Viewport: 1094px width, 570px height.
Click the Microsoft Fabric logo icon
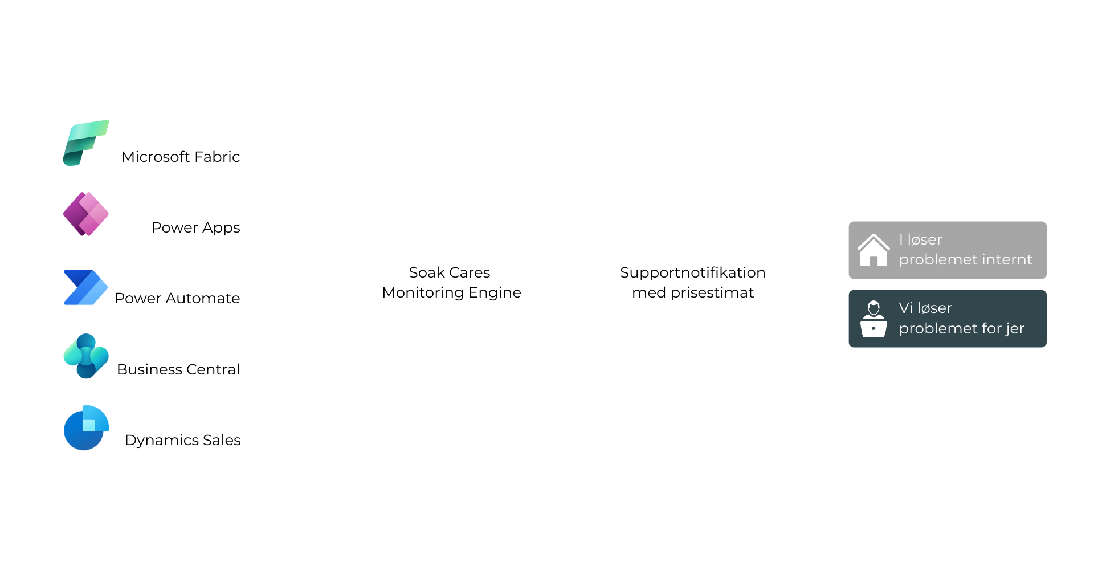point(85,142)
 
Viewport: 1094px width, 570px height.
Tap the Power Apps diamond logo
point(85,214)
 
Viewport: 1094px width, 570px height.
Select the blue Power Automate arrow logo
point(85,287)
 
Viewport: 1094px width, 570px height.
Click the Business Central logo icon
point(86,356)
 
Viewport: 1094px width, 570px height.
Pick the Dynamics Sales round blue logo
point(86,428)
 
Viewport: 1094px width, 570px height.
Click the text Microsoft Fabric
point(180,157)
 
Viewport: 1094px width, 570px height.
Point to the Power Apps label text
point(195,227)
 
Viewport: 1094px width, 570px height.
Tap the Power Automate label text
point(177,298)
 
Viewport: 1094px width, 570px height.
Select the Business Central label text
point(178,369)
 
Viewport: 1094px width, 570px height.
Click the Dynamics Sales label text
point(182,440)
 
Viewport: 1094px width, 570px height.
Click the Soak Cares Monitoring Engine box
point(451,283)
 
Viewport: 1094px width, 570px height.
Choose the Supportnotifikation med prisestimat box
point(692,283)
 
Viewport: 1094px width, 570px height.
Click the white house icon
point(873,250)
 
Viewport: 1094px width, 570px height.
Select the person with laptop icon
point(873,319)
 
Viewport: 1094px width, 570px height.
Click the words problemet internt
point(965,260)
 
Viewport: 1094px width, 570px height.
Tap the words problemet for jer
point(961,329)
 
